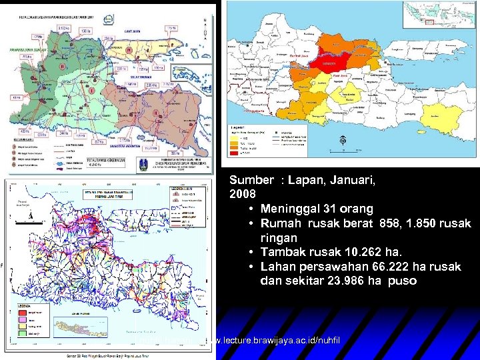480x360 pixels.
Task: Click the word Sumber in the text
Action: tap(251, 180)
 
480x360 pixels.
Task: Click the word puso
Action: tap(403, 281)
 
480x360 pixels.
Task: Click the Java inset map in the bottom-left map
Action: tap(70, 327)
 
